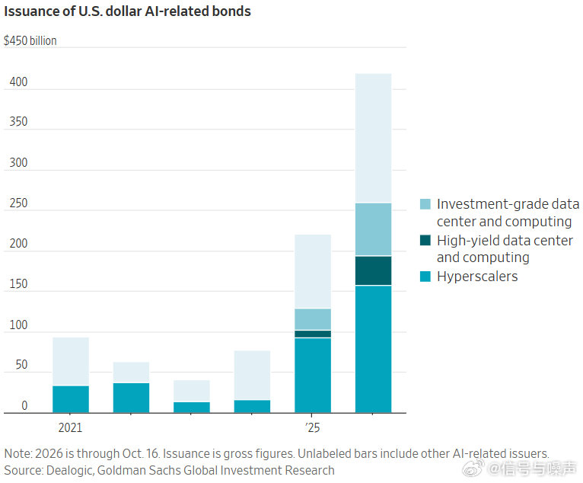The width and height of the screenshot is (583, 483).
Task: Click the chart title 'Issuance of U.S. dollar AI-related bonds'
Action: click(128, 11)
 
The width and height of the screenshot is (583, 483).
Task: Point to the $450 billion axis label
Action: click(30, 40)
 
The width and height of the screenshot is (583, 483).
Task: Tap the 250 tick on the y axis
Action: click(18, 203)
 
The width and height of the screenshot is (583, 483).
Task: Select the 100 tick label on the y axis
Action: click(18, 325)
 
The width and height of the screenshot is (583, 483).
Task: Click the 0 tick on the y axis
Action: click(24, 405)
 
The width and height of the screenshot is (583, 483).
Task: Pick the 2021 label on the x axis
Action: click(70, 427)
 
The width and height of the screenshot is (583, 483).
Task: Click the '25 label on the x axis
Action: click(312, 427)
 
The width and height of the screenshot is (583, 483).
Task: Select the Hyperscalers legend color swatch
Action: click(425, 277)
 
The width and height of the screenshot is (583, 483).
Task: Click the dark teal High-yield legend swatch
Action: click(425, 241)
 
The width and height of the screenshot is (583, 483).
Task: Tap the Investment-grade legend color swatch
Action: click(425, 204)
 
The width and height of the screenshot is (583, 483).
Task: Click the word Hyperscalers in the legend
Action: click(477, 277)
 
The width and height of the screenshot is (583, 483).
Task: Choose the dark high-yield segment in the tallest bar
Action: click(373, 270)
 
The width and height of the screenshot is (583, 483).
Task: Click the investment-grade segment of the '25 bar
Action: click(313, 319)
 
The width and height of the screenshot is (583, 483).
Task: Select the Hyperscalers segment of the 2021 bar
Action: click(71, 399)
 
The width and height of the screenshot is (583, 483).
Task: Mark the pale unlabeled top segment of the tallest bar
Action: click(373, 138)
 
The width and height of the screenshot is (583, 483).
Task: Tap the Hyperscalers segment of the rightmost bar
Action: click(373, 349)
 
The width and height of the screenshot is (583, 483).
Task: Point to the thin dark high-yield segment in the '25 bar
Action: click(313, 334)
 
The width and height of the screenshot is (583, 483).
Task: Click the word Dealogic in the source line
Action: click(69, 470)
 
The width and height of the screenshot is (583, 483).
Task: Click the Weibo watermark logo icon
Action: click(473, 468)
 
